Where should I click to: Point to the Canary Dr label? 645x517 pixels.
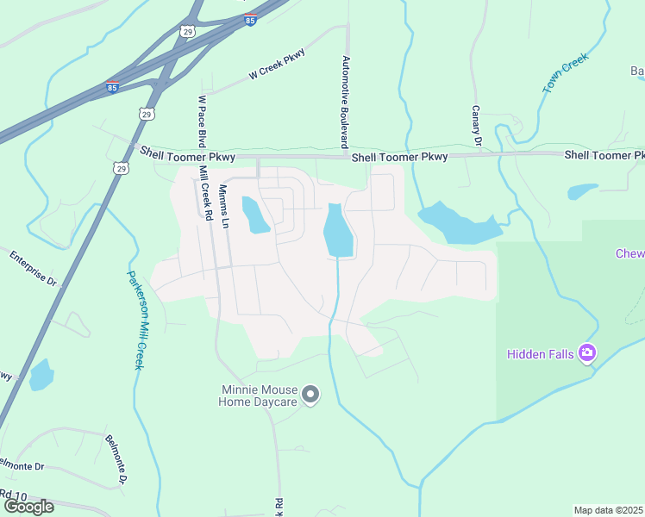coord(475,126)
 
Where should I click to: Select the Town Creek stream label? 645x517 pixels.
coord(565,72)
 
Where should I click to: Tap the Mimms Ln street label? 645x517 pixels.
coord(224,206)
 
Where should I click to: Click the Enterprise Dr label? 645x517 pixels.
coord(33,268)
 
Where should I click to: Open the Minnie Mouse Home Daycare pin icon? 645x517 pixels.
coord(312,395)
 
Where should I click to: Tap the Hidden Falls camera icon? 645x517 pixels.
coord(587,352)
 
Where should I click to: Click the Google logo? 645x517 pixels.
coord(28,507)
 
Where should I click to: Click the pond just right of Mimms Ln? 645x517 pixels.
coord(255,215)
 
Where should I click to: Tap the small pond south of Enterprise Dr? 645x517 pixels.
coord(41,375)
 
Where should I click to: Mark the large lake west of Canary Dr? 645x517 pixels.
coord(457,223)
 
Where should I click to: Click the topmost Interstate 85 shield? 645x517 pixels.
coord(250,19)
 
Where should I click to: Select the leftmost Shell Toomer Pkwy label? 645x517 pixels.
coord(175,153)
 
